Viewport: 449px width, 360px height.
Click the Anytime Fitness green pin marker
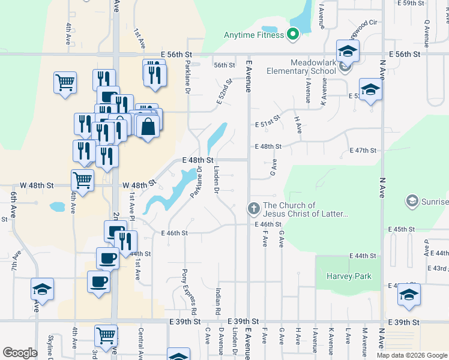(x=294, y=34)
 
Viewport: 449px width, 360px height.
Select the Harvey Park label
(x=349, y=276)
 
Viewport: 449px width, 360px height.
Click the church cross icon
(x=253, y=208)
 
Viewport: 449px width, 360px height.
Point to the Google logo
(x=20, y=352)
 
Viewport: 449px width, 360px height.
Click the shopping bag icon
(x=148, y=126)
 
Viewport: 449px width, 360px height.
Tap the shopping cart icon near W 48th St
(x=82, y=178)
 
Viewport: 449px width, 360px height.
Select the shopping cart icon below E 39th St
(x=106, y=334)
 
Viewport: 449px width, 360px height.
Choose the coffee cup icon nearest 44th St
(x=108, y=257)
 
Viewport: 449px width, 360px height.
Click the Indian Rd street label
(x=218, y=302)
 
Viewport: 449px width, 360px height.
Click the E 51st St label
(x=267, y=124)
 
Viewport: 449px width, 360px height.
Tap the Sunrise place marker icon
(x=412, y=200)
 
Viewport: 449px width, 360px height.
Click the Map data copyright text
(x=411, y=355)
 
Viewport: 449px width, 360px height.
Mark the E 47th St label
(x=364, y=151)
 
